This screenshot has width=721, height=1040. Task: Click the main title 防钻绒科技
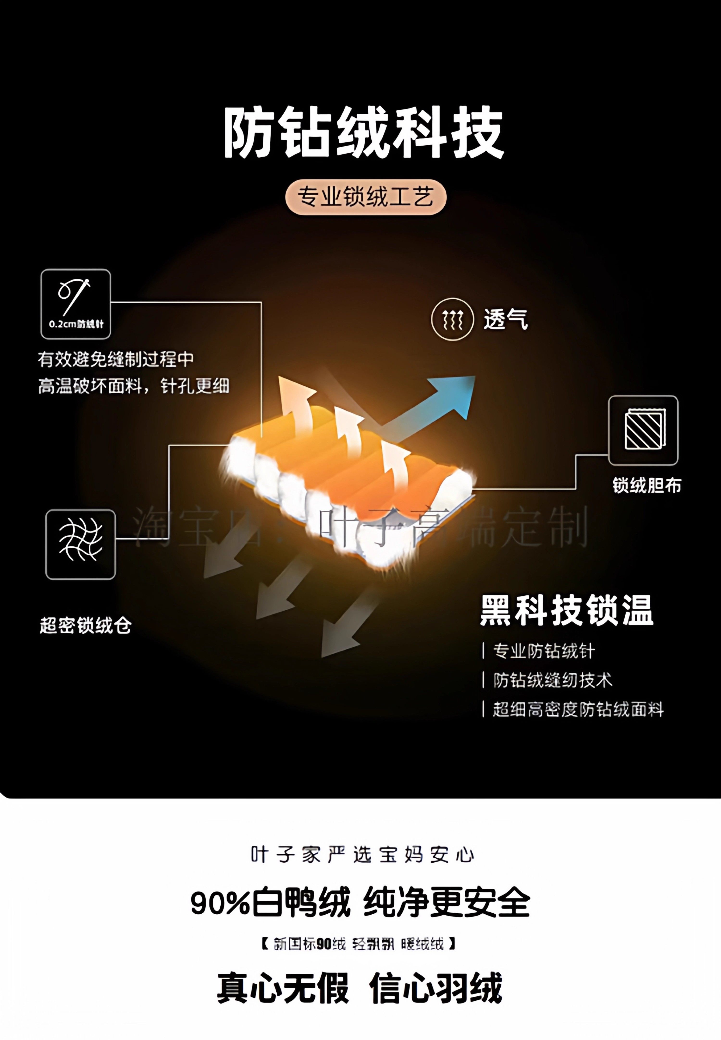[x=364, y=133]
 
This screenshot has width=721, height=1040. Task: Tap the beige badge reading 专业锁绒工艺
[x=366, y=197]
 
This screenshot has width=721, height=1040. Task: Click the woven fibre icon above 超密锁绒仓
[x=81, y=544]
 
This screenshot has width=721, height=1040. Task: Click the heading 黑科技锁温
[x=566, y=611]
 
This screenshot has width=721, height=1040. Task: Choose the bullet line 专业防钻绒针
[x=543, y=651]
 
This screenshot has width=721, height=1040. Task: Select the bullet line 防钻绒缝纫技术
[x=553, y=680]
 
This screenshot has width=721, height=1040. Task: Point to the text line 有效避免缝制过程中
[x=116, y=359]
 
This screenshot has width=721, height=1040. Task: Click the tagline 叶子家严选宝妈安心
[x=362, y=855]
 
